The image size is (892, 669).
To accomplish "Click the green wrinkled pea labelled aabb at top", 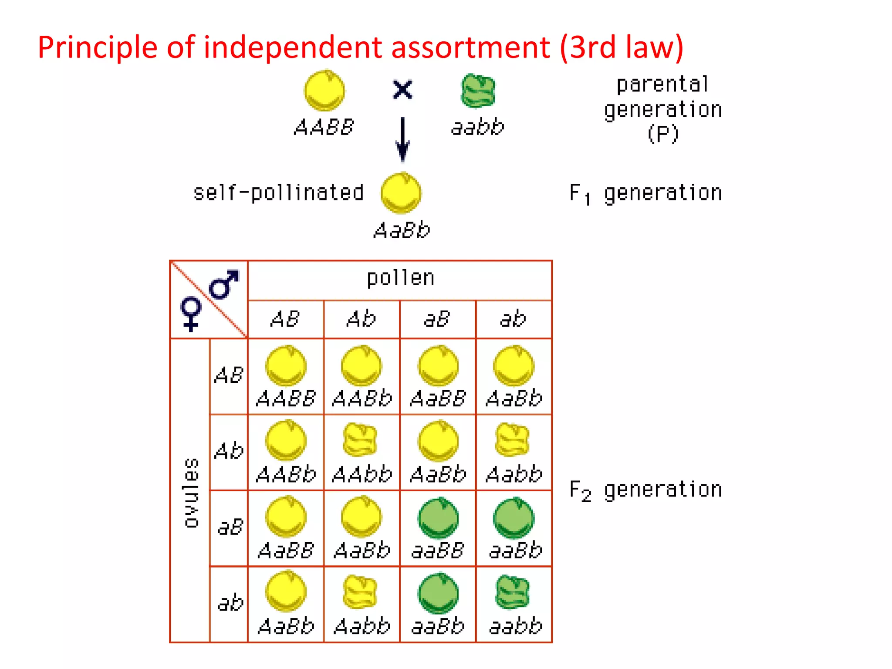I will [478, 91].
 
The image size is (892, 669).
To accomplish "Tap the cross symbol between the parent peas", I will [402, 90].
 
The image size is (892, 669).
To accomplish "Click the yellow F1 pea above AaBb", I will [401, 193].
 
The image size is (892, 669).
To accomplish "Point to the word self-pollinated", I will [278, 193].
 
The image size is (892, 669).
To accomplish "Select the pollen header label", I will [400, 278].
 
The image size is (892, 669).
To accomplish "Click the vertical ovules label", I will [191, 493].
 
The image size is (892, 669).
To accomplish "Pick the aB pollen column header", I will [437, 319].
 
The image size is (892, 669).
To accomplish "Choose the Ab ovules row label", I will [229, 451].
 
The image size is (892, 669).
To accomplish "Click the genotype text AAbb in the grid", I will [362, 474].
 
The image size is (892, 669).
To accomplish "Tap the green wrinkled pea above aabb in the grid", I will [513, 592].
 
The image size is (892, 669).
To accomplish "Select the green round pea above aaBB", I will [438, 518].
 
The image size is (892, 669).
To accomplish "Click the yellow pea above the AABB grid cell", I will [286, 365].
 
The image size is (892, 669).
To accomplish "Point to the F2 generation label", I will [645, 490].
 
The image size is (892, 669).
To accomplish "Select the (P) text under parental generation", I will [662, 134].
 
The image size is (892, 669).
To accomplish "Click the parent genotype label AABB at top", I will [324, 128].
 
